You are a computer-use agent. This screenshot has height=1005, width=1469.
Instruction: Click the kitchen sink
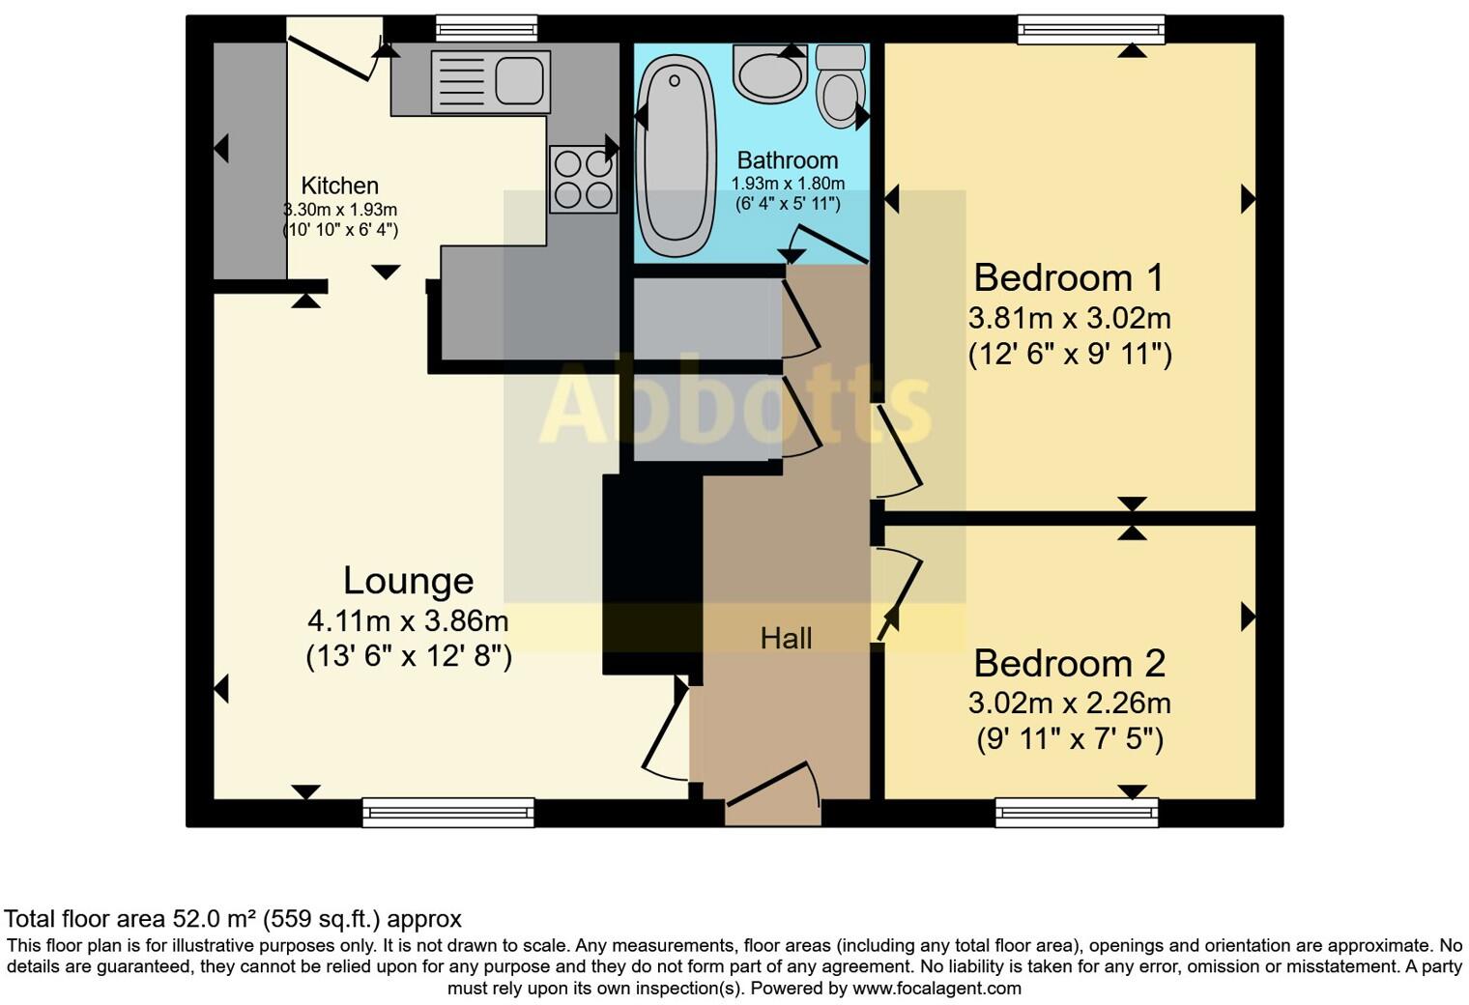(x=490, y=81)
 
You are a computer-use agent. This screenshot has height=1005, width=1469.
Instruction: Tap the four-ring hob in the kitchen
(x=584, y=179)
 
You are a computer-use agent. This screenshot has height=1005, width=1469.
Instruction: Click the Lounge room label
(x=408, y=581)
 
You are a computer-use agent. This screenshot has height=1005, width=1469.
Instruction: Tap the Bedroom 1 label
(x=1069, y=278)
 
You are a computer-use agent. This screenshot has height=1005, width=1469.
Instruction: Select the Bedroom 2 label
(x=1069, y=664)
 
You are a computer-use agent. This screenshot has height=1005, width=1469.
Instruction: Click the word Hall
(x=786, y=638)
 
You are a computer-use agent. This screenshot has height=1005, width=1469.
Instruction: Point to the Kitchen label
(x=339, y=186)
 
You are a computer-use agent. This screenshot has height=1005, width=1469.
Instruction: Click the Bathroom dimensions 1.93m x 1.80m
(x=788, y=184)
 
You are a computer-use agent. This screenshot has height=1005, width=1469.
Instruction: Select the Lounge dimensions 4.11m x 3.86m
(x=408, y=619)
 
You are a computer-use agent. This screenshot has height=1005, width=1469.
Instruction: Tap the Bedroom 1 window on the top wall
(x=1091, y=29)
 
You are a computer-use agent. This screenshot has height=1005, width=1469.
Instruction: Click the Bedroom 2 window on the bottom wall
(x=1077, y=813)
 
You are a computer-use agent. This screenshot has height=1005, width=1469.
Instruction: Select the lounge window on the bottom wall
(x=448, y=813)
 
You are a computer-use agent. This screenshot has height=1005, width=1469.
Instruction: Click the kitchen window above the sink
(x=486, y=29)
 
